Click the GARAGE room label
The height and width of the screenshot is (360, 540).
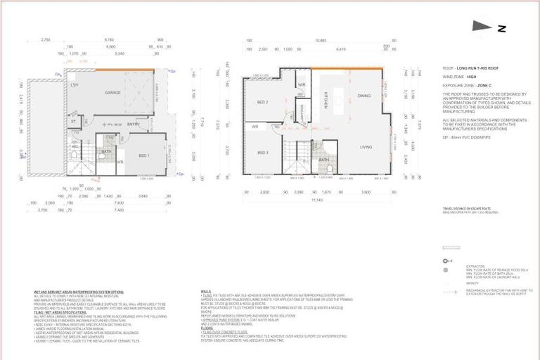click(x=113, y=92)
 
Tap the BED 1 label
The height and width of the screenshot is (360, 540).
click(x=143, y=155)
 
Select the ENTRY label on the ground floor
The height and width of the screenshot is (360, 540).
click(x=133, y=124)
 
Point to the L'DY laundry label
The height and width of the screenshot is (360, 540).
click(x=74, y=85)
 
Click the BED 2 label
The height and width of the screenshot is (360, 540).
click(x=262, y=102)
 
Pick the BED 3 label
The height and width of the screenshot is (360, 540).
click(x=262, y=153)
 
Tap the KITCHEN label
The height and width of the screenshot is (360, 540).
click(x=326, y=103)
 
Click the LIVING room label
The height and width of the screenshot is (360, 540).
click(x=366, y=147)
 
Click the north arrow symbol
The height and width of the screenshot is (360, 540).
click(x=482, y=26)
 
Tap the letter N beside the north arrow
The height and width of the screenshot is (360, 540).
click(x=502, y=29)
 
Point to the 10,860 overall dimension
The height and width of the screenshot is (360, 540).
click(x=321, y=40)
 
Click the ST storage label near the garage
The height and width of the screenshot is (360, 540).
click(x=73, y=120)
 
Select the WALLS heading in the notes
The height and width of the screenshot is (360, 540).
click(x=206, y=290)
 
